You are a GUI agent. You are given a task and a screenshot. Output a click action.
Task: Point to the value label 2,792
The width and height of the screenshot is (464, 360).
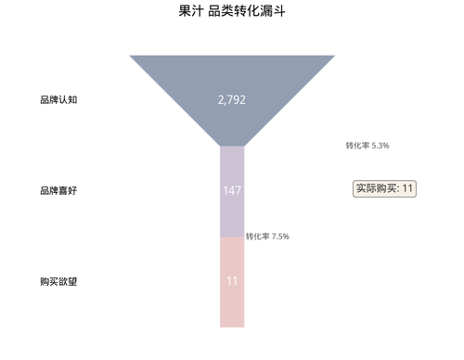click(x=232, y=99)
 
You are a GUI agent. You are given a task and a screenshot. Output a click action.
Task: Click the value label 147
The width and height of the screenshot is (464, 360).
click(x=232, y=190)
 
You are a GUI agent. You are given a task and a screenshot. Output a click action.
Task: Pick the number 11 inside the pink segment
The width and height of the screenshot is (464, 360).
click(x=232, y=279)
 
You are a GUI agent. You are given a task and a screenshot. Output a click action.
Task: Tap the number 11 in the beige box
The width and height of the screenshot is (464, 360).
click(x=407, y=188)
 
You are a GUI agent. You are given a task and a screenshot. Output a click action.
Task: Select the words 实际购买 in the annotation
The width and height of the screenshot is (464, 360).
click(x=375, y=188)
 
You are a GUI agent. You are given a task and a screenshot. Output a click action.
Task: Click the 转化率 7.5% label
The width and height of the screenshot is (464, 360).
click(x=268, y=236)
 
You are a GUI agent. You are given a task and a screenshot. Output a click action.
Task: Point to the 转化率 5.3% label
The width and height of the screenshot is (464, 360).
click(x=367, y=146)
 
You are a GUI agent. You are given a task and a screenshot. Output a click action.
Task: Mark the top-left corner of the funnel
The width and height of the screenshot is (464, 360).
click(x=129, y=56)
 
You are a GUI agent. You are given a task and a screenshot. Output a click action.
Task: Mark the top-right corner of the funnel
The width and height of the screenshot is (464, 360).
click(x=335, y=56)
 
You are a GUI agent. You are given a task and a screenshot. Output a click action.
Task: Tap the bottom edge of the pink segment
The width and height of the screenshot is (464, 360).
click(x=232, y=327)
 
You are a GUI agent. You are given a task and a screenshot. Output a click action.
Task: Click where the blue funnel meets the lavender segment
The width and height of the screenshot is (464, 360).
click(x=232, y=146)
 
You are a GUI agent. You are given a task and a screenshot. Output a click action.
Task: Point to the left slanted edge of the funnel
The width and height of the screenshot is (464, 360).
click(x=174, y=100)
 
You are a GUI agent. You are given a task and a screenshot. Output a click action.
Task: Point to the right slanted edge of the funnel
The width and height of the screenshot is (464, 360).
click(x=290, y=100)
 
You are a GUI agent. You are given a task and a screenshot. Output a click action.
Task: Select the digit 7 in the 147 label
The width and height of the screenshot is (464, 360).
click(x=238, y=190)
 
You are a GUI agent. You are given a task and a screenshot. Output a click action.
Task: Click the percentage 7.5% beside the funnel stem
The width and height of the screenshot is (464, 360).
click(x=280, y=236)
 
